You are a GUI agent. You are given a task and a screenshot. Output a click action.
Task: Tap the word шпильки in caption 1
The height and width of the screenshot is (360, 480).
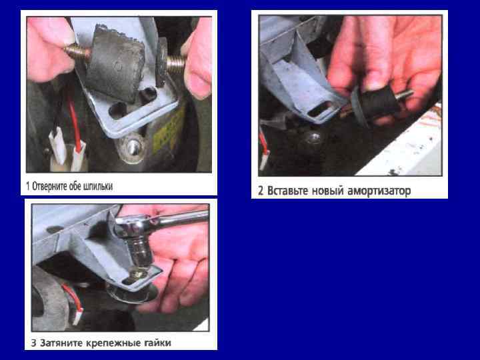click(x=97, y=186)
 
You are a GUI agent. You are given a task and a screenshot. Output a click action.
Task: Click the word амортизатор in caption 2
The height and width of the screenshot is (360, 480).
click(x=379, y=191)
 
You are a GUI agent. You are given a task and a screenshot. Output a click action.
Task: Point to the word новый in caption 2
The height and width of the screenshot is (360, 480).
click(x=328, y=191)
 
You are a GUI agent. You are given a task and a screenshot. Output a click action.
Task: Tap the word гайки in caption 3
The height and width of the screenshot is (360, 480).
click(x=157, y=343)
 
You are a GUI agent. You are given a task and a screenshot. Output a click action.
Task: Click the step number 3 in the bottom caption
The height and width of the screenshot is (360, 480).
click(x=33, y=343)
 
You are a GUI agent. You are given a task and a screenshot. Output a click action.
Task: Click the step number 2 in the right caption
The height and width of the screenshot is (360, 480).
click(x=261, y=191)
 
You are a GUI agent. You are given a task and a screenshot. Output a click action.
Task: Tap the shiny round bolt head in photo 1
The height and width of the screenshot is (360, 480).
click(x=132, y=148)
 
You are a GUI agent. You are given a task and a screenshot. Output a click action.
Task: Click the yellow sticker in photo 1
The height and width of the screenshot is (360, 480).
click(x=169, y=129)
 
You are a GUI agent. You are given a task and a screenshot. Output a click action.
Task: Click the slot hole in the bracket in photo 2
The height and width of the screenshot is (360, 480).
click(x=321, y=109)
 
